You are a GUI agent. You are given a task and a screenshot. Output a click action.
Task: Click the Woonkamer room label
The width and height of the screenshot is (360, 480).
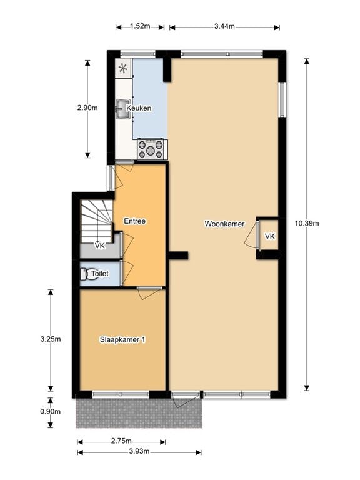point(224,224)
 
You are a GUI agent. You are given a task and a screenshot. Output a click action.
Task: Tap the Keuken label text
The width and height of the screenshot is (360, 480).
point(139,108)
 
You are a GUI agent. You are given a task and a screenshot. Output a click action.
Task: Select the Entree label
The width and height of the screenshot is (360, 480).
point(134,221)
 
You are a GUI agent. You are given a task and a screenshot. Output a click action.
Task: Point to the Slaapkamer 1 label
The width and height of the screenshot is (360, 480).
point(122,339)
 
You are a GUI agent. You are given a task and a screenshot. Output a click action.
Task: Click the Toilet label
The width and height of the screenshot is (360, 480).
point(100,274)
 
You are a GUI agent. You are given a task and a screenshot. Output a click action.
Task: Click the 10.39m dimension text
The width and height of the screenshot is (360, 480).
point(307,223)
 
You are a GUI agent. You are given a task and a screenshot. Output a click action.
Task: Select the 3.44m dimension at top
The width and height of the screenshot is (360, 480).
point(224,26)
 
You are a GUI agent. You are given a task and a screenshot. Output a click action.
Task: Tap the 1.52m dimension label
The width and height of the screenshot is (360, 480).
point(140,26)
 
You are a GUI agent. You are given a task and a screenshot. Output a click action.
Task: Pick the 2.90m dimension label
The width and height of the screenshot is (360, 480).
point(87,107)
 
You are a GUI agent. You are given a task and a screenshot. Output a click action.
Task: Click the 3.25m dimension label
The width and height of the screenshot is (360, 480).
point(51,339)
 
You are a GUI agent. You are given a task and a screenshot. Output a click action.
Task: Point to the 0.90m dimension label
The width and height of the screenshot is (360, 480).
point(51,411)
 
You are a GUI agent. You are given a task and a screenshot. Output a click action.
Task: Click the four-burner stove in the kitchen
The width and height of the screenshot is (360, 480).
point(152,149)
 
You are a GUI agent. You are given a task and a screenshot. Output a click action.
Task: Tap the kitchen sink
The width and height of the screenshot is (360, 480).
point(122,108)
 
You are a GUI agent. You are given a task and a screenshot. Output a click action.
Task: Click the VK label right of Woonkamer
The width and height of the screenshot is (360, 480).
point(269,236)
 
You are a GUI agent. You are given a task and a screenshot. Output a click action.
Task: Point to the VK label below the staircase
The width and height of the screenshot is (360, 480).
point(99,246)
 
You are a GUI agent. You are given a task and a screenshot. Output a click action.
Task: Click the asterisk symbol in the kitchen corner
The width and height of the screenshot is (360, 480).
point(122,67)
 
